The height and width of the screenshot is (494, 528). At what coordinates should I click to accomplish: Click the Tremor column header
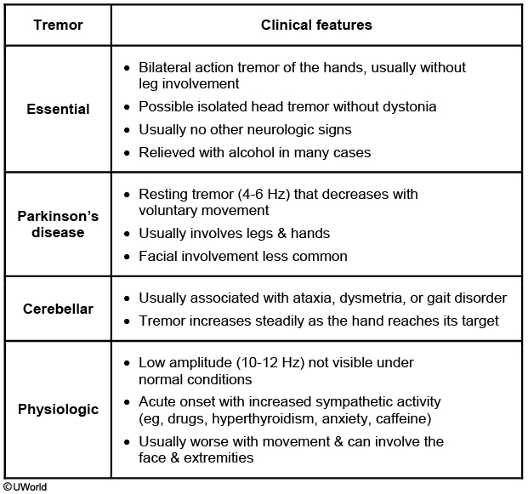[58, 25]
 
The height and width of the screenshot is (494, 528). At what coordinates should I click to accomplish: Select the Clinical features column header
[316, 25]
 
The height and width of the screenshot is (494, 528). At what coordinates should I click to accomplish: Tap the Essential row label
[58, 109]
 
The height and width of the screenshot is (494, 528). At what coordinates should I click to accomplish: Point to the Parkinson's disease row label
[58, 224]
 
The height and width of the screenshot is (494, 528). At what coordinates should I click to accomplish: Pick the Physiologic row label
[58, 409]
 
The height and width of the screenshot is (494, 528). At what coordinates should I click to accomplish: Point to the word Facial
[159, 256]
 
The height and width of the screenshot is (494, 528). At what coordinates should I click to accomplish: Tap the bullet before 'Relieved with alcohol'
[128, 153]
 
